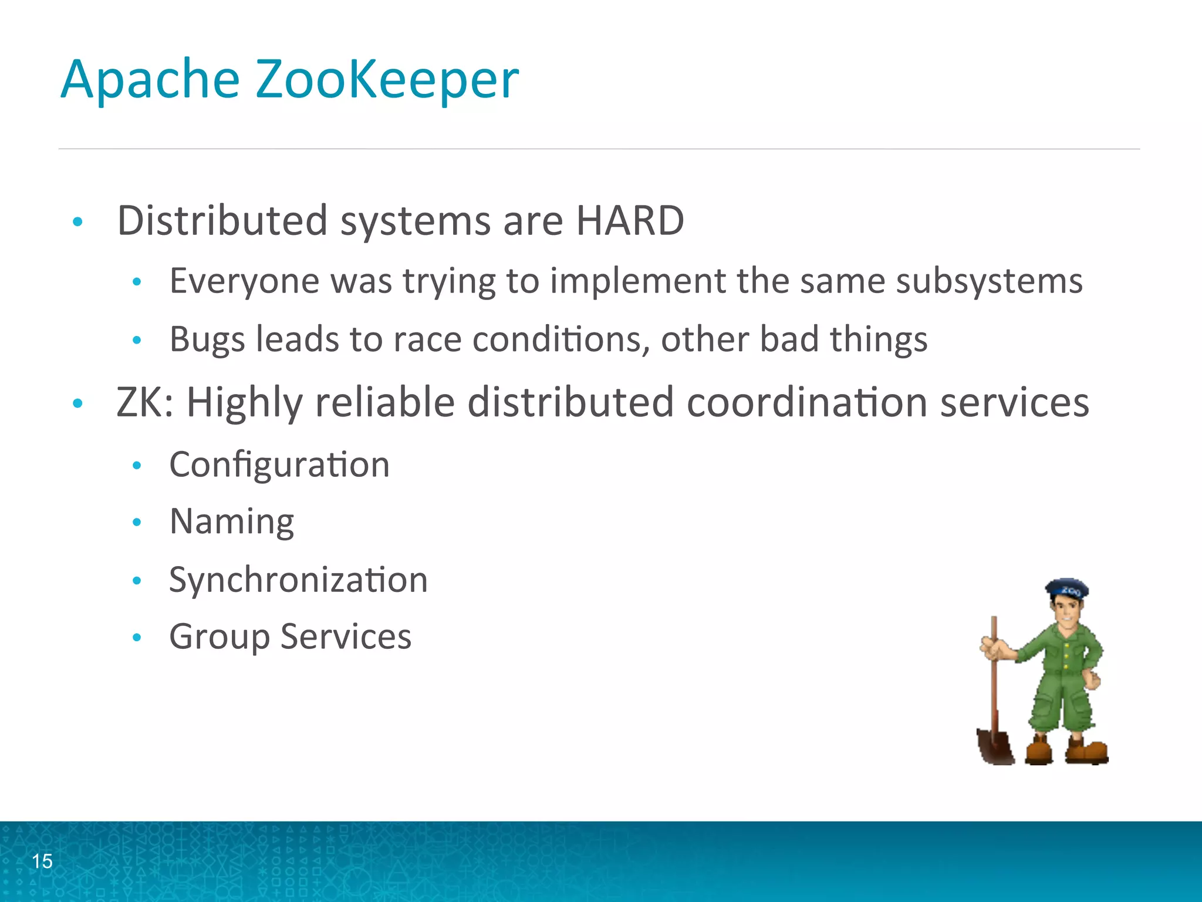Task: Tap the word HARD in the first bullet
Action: point(630,221)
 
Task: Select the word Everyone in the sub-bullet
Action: point(244,281)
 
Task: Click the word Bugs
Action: point(207,339)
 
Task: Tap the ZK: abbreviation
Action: point(145,403)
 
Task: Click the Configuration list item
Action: point(279,465)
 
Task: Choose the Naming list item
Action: point(232,521)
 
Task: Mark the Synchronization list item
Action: point(298,580)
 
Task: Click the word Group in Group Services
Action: point(219,637)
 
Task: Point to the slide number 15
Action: point(42,861)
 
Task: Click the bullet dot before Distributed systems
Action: point(77,222)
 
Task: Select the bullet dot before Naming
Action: point(137,522)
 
